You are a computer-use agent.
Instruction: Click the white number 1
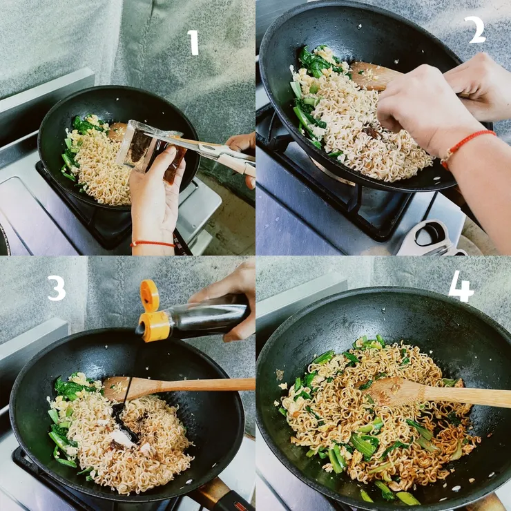coord(194,42)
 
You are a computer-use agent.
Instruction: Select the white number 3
coord(57,288)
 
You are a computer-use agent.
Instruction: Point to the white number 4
coord(461,287)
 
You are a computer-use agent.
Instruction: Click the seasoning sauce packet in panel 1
coord(150,150)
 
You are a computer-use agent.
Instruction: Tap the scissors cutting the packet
coord(209,151)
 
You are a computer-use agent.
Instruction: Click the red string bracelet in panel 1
coord(153,244)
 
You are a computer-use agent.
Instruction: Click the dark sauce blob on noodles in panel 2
coord(372,132)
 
